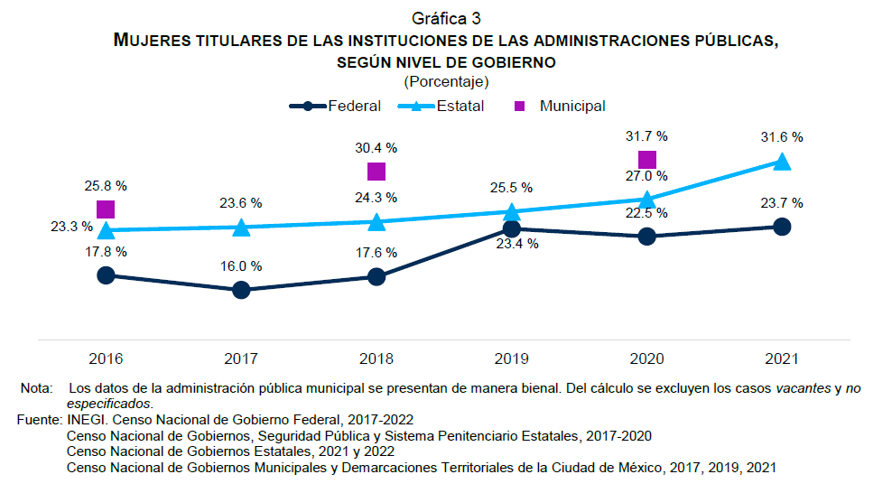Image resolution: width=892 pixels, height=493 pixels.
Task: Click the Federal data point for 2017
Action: pyautogui.click(x=241, y=290)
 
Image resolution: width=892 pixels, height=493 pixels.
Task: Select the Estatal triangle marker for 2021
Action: pyautogui.click(x=782, y=162)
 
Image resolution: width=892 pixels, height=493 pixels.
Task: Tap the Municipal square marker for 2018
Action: pyautogui.click(x=376, y=172)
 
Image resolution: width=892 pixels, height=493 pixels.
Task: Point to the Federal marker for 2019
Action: pyautogui.click(x=511, y=229)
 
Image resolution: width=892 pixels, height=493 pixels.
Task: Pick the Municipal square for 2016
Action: pyautogui.click(x=106, y=209)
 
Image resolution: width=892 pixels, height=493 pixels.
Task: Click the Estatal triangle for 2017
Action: pyautogui.click(x=241, y=228)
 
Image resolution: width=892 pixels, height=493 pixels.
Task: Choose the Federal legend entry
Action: pyautogui.click(x=335, y=106)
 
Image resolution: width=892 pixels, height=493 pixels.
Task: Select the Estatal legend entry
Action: pyautogui.click(x=448, y=106)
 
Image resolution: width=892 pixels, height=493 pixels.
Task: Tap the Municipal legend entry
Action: pyautogui.click(x=560, y=106)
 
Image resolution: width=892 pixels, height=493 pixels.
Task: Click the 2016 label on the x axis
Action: pyautogui.click(x=106, y=358)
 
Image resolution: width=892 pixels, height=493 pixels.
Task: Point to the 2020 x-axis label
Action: pyautogui.click(x=646, y=358)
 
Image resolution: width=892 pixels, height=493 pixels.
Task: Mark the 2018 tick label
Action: pyautogui.click(x=376, y=358)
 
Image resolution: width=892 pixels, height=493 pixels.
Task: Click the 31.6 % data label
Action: pyautogui.click(x=782, y=137)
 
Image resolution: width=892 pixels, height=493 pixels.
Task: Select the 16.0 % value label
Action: pyautogui.click(x=241, y=266)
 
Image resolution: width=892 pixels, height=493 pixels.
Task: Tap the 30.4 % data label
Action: pyautogui.click(x=376, y=147)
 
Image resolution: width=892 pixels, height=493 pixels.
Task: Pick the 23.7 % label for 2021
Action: pyautogui.click(x=782, y=203)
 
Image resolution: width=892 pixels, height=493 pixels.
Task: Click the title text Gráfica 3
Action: pyautogui.click(x=445, y=19)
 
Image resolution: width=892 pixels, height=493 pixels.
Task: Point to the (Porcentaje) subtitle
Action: pyautogui.click(x=446, y=81)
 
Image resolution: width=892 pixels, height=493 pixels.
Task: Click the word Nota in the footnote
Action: pyautogui.click(x=37, y=388)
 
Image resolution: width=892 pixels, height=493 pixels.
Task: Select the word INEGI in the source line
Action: pyautogui.click(x=86, y=420)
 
